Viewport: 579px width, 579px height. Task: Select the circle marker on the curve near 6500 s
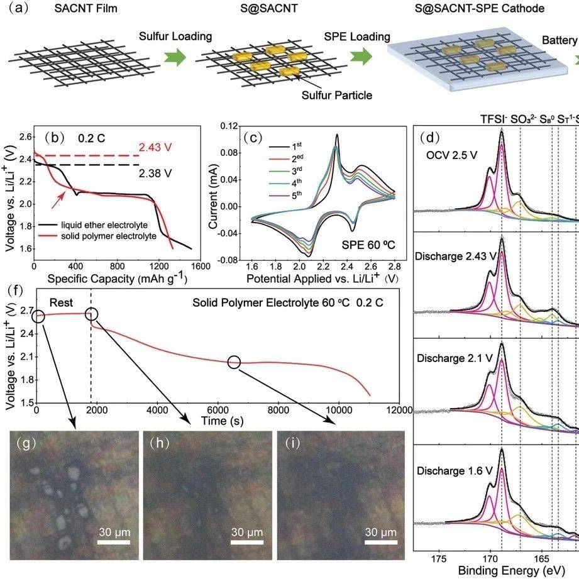(x=234, y=361)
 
